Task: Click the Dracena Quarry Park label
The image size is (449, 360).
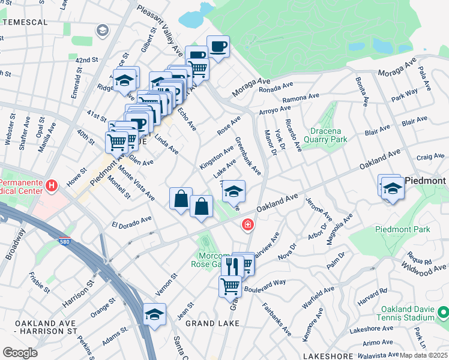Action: pos(329,135)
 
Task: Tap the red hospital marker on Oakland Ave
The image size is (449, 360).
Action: pos(247,225)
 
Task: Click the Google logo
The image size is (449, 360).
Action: pos(20,353)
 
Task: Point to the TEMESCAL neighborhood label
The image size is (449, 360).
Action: pos(25,22)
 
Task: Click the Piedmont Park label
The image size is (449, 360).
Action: pos(398,229)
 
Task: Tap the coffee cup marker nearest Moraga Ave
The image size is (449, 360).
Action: pos(218,46)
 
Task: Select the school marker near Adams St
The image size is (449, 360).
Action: pos(154,314)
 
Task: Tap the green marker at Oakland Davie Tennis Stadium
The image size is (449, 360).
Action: pos(442,313)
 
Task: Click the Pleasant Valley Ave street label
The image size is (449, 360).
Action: pos(160,28)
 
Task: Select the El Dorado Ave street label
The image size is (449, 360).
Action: pos(131,223)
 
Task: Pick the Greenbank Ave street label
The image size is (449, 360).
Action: pos(248,157)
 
